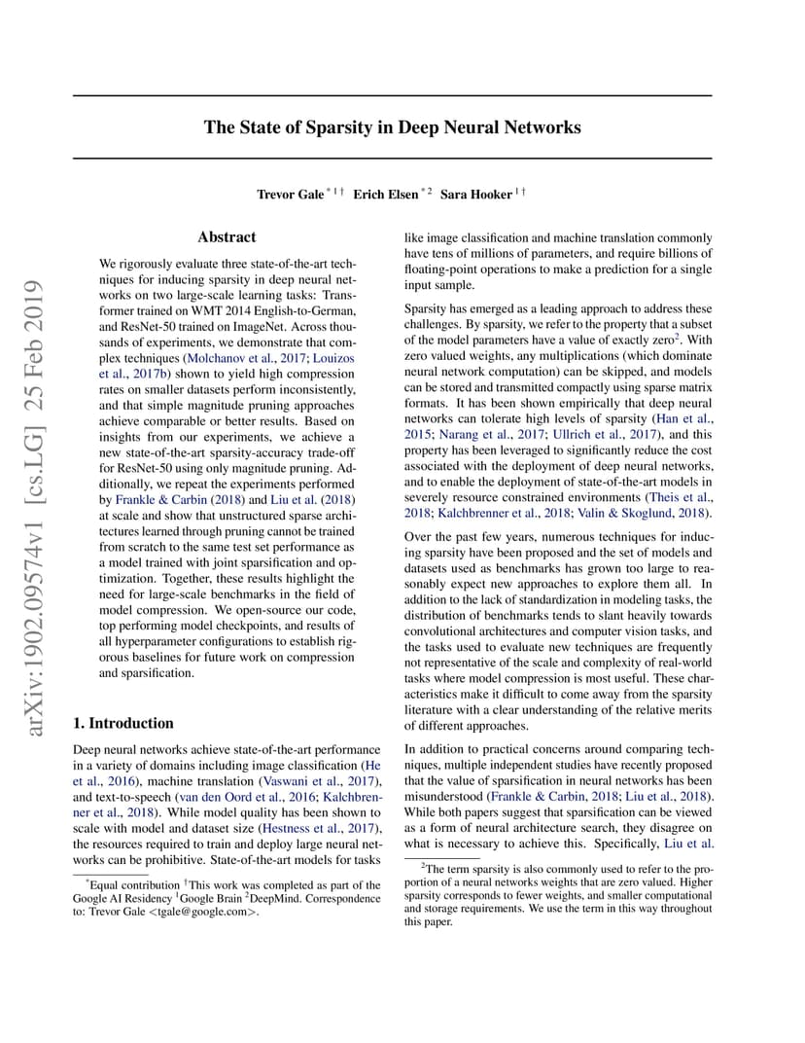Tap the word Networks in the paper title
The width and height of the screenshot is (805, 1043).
pyautogui.click(x=541, y=127)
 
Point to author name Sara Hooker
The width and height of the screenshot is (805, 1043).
pyautogui.click(x=475, y=195)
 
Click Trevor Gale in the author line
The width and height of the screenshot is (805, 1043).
pyautogui.click(x=291, y=195)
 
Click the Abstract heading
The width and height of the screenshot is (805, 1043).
pyautogui.click(x=227, y=236)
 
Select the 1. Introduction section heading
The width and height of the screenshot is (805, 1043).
pyautogui.click(x=123, y=723)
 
